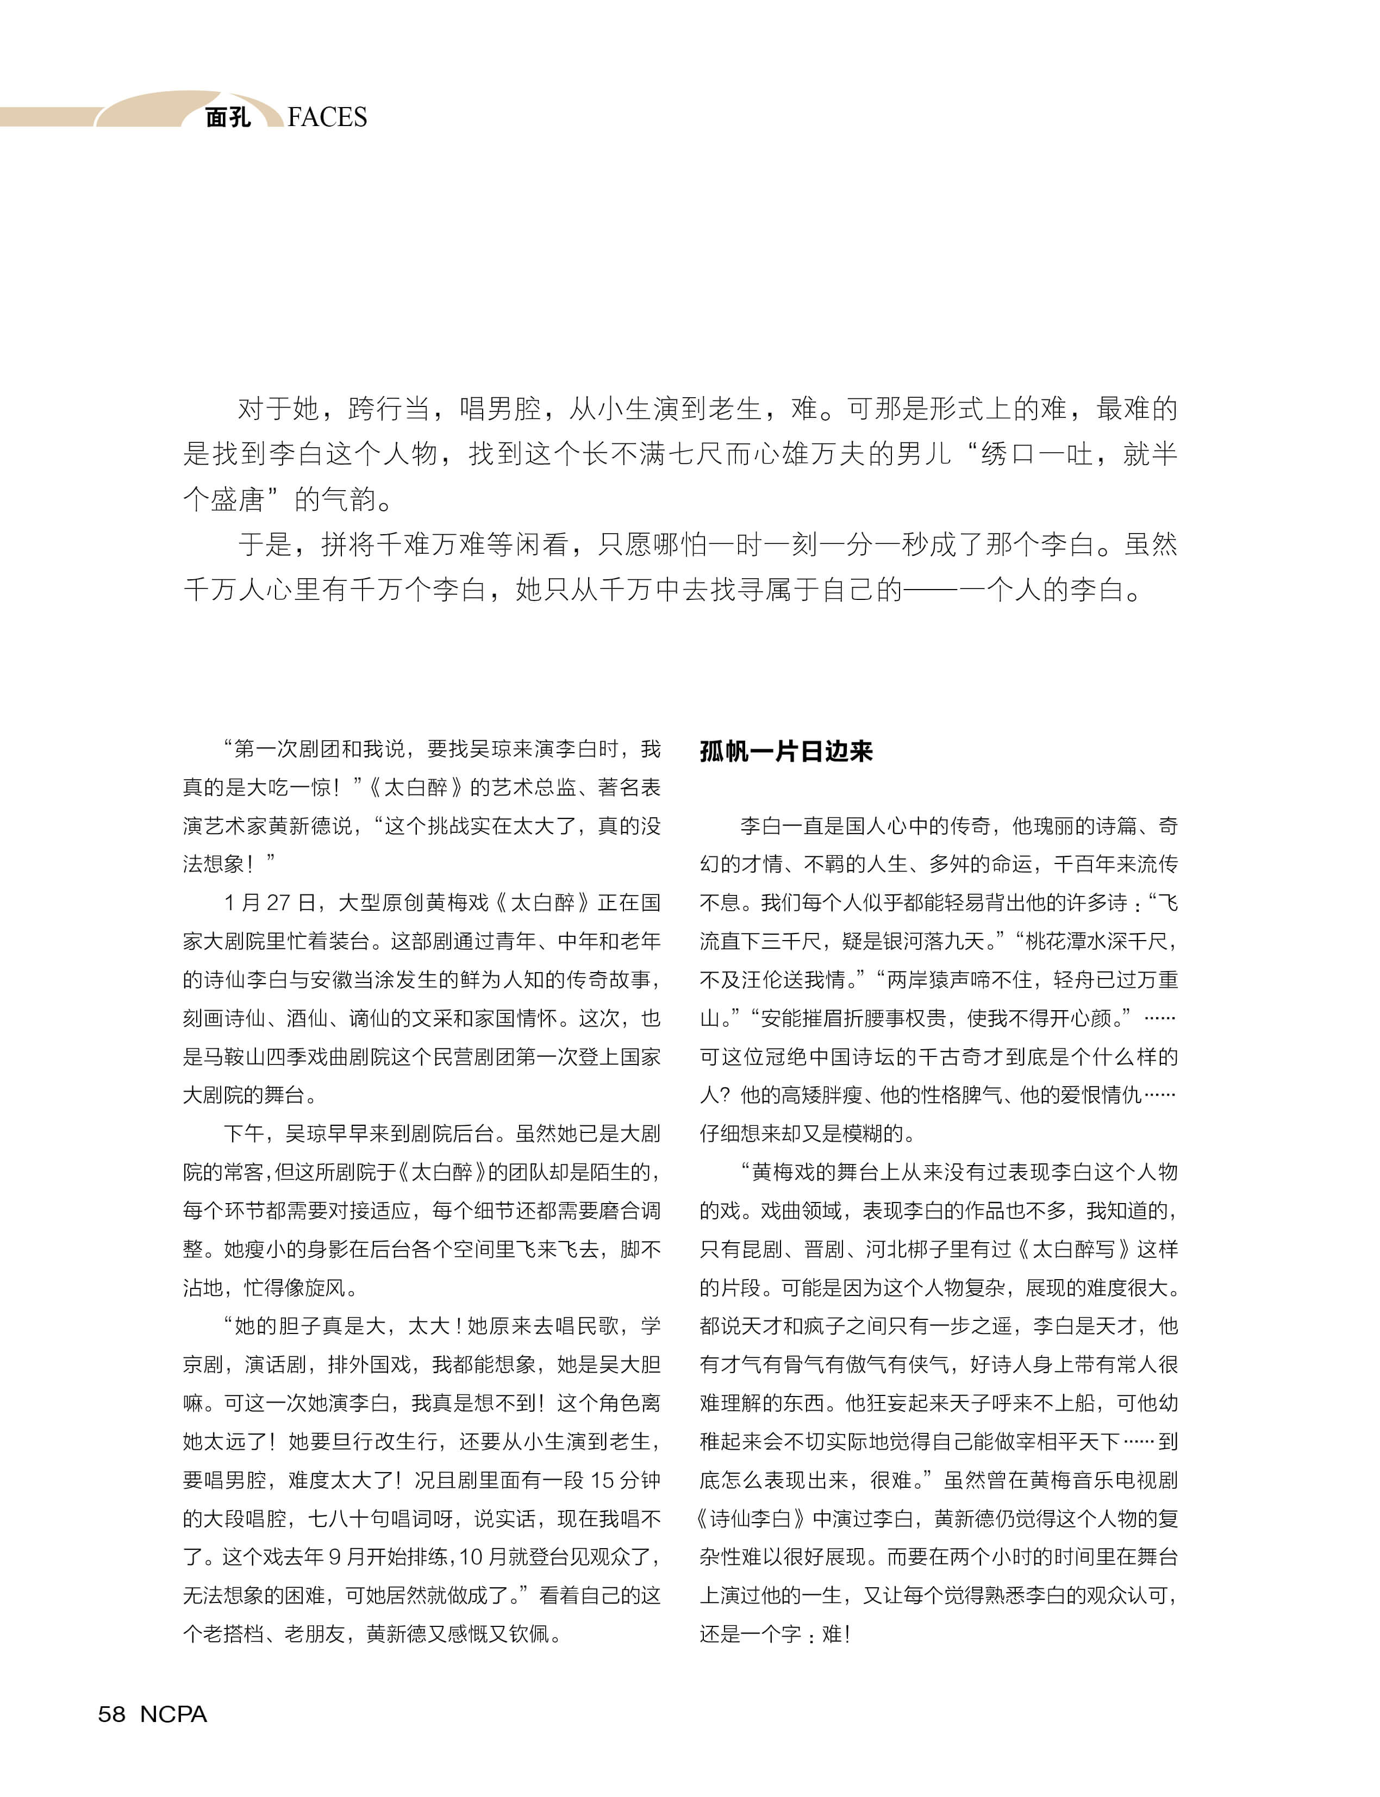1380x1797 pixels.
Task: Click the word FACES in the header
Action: click(x=327, y=117)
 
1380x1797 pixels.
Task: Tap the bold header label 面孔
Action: click(x=228, y=117)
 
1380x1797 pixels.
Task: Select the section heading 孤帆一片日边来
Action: click(x=785, y=750)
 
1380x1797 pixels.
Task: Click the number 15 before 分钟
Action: click(x=603, y=1480)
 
